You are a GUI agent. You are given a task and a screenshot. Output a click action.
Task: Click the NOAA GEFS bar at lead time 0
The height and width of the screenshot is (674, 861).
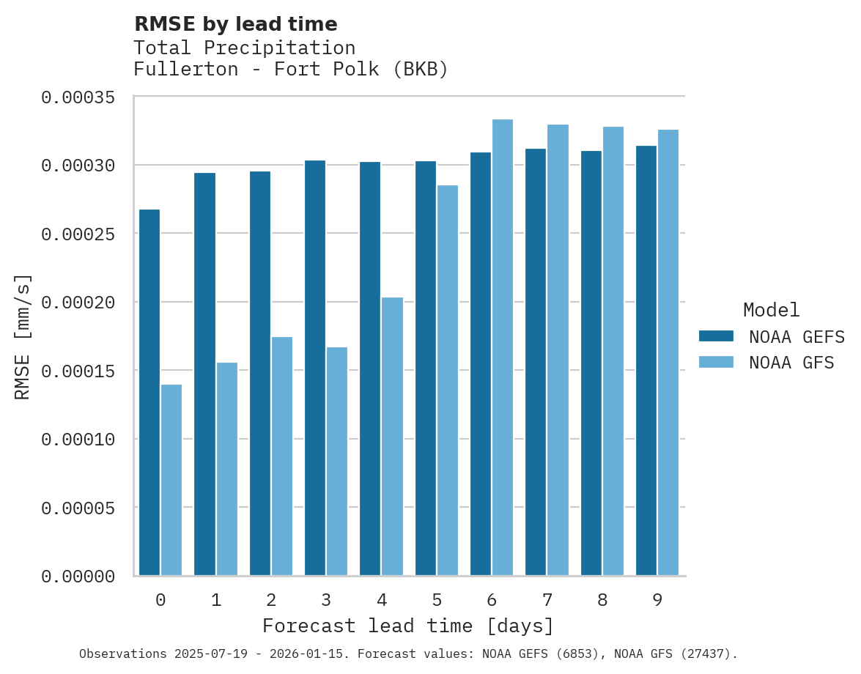[x=149, y=392]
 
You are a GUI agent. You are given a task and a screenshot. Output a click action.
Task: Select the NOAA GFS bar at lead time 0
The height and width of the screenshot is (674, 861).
[x=171, y=480]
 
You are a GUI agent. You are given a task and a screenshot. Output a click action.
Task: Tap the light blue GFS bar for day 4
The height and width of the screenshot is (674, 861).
[x=392, y=436]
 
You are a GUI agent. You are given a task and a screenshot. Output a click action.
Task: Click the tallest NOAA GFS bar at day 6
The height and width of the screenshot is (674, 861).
[x=503, y=347]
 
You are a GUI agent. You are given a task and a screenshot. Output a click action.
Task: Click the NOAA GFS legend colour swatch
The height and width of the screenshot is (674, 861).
[x=716, y=362]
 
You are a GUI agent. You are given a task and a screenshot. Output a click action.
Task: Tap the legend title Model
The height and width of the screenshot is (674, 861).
[x=771, y=310]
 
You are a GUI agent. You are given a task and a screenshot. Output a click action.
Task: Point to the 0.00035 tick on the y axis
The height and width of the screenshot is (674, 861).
[x=78, y=97]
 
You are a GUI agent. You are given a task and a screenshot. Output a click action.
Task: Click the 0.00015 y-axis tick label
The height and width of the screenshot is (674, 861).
[x=78, y=371]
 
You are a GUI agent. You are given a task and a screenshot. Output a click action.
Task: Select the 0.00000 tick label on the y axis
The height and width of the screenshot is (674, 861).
[x=78, y=577]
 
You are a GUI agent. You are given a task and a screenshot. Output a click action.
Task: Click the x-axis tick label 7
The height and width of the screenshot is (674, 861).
[x=547, y=601]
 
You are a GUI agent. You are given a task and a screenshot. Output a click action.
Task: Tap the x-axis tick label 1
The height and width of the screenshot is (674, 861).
[x=216, y=601]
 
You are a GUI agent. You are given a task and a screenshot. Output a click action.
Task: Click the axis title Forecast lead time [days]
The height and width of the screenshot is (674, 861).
[x=408, y=626]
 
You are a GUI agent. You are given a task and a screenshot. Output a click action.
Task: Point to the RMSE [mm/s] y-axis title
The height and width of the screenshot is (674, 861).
[x=23, y=337]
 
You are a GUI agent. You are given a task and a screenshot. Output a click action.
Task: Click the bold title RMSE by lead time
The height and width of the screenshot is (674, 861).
[x=236, y=24]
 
